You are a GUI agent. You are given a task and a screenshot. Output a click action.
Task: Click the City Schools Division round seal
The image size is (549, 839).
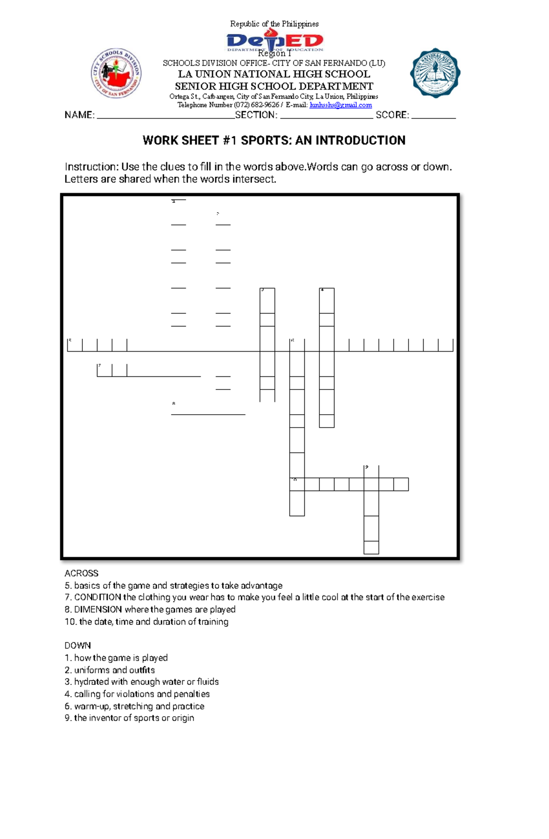(x=116, y=73)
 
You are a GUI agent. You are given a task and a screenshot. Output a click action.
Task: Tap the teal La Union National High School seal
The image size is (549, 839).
(x=435, y=73)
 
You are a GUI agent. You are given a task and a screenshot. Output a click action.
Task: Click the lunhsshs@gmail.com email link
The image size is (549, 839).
(x=340, y=105)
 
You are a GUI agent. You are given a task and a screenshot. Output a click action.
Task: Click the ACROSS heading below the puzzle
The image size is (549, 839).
(x=81, y=573)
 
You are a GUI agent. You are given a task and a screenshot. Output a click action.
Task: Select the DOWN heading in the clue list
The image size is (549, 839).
(x=77, y=646)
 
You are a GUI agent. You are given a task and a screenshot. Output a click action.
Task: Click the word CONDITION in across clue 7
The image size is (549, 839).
(x=97, y=597)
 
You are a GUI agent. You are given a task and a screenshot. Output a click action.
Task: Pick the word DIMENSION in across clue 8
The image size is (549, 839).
(x=98, y=609)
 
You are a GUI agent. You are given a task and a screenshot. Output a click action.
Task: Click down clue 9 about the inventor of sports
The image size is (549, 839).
(x=129, y=718)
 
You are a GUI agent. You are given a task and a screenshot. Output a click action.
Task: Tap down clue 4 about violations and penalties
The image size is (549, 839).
(x=137, y=694)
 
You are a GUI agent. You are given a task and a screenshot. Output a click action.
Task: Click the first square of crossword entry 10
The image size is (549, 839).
(x=297, y=484)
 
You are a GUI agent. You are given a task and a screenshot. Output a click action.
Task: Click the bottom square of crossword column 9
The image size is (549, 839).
(x=371, y=547)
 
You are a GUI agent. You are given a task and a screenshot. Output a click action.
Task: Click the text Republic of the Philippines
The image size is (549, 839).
(x=274, y=24)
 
